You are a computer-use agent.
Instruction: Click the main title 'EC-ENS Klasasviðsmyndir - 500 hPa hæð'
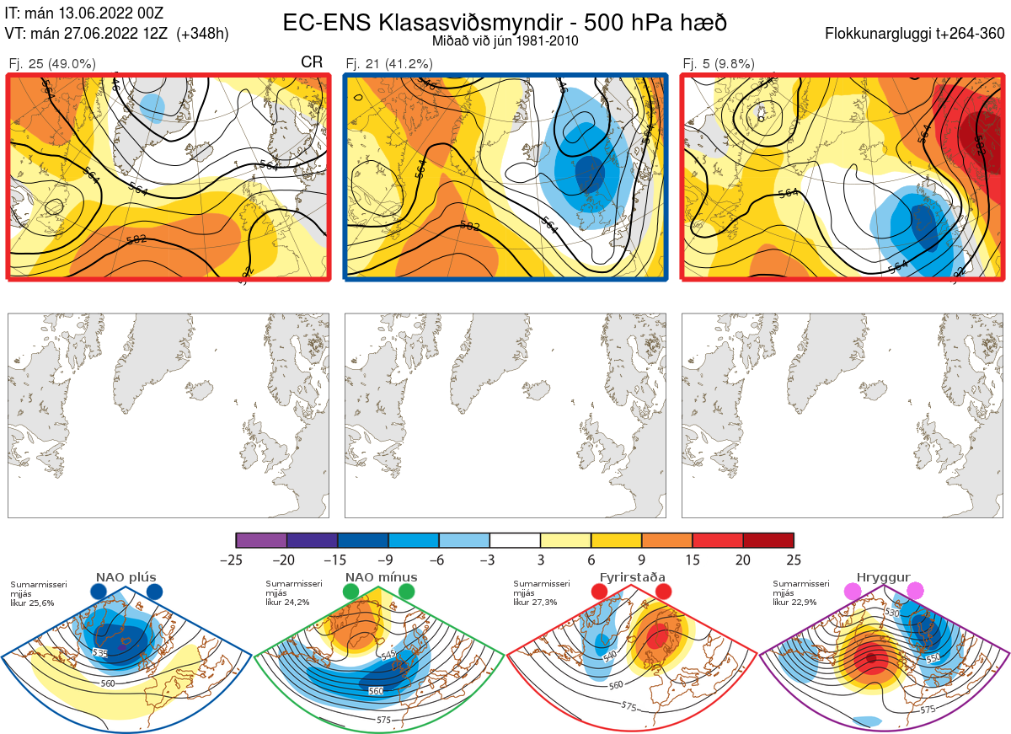click(505, 22)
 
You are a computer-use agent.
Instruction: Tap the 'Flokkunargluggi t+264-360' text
click(917, 34)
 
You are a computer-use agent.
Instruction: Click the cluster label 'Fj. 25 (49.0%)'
click(52, 63)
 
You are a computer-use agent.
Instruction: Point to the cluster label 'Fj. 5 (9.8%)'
click(719, 63)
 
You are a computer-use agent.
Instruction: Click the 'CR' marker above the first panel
click(312, 62)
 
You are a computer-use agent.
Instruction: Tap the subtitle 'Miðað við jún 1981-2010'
click(505, 40)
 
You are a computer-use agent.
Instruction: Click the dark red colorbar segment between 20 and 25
click(768, 540)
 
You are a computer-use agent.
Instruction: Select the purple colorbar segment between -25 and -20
click(261, 540)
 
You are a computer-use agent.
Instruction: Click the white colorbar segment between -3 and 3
click(515, 540)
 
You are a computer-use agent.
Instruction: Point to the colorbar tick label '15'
click(693, 560)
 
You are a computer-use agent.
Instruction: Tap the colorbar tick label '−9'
click(388, 560)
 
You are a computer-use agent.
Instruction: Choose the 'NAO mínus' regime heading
click(381, 577)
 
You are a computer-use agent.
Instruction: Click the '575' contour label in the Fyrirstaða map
click(629, 705)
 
